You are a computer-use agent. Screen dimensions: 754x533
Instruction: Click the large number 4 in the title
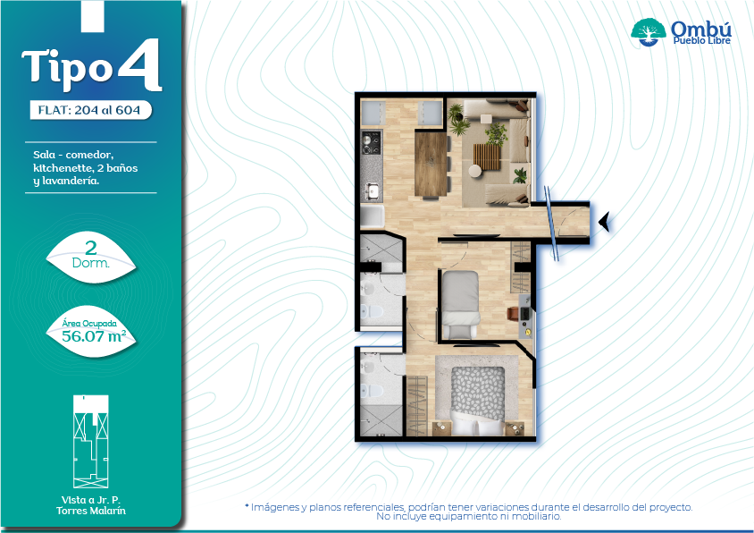[139, 65]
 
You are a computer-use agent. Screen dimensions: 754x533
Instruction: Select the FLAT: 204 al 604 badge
[90, 110]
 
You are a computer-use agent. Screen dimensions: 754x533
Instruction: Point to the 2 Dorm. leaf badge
[91, 258]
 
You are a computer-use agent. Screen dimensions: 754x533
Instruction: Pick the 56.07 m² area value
[94, 336]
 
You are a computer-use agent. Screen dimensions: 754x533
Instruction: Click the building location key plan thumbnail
[91, 442]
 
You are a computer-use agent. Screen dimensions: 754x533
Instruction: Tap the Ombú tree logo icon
[649, 32]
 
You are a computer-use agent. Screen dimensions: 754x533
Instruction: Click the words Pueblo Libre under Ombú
[701, 40]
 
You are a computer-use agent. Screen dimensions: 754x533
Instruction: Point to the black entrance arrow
[605, 222]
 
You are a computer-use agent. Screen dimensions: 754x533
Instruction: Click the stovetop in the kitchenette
[371, 143]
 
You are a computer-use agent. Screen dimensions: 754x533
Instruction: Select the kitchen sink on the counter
[371, 191]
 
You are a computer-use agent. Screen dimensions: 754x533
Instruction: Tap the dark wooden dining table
[431, 165]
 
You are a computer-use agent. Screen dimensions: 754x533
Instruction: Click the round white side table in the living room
[475, 171]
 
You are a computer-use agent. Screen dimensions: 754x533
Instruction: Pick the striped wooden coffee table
[487, 157]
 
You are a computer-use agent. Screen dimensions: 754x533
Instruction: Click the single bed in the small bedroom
[460, 304]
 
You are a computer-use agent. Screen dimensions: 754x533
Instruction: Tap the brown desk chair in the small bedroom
[513, 313]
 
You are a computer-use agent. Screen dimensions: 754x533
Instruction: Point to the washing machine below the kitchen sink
[373, 216]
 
